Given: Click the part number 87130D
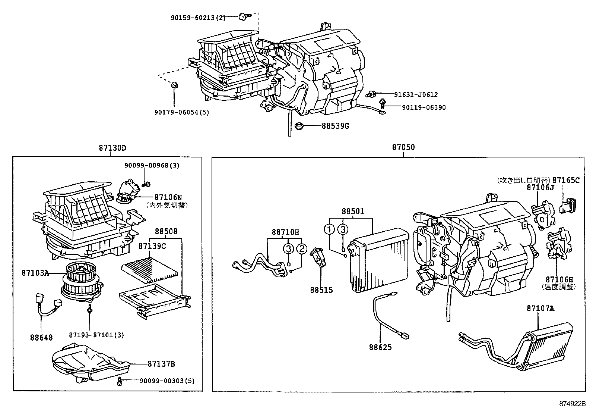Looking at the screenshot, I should pyautogui.click(x=112, y=148).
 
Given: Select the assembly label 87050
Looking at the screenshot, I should pyautogui.click(x=403, y=147).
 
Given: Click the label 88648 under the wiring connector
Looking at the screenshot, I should pyautogui.click(x=41, y=338).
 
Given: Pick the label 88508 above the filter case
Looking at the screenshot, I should pyautogui.click(x=166, y=232).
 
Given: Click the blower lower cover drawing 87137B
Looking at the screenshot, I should pyautogui.click(x=89, y=364).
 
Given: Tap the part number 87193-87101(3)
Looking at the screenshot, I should pyautogui.click(x=96, y=335).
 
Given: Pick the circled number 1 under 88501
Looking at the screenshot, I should pyautogui.click(x=329, y=229).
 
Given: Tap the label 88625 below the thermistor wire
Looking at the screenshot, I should pyautogui.click(x=380, y=347).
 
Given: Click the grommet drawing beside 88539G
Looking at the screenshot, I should pyautogui.click(x=299, y=126).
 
